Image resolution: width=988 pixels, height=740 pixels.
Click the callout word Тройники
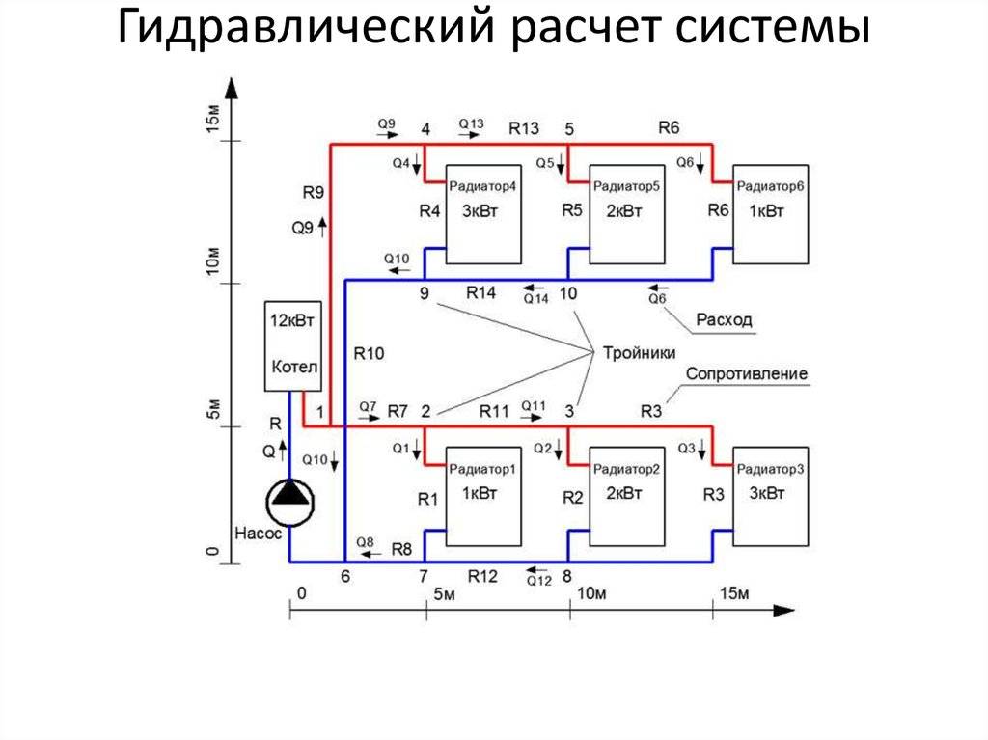tap(638, 352)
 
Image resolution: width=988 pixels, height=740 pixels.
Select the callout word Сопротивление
tap(747, 373)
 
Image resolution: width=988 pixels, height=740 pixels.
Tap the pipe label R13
tap(525, 128)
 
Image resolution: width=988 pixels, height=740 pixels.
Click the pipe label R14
tap(480, 291)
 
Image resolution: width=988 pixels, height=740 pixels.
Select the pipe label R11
tap(493, 411)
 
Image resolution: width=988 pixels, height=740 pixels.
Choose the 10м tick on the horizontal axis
tap(590, 592)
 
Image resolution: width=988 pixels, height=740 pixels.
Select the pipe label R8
tap(402, 549)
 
